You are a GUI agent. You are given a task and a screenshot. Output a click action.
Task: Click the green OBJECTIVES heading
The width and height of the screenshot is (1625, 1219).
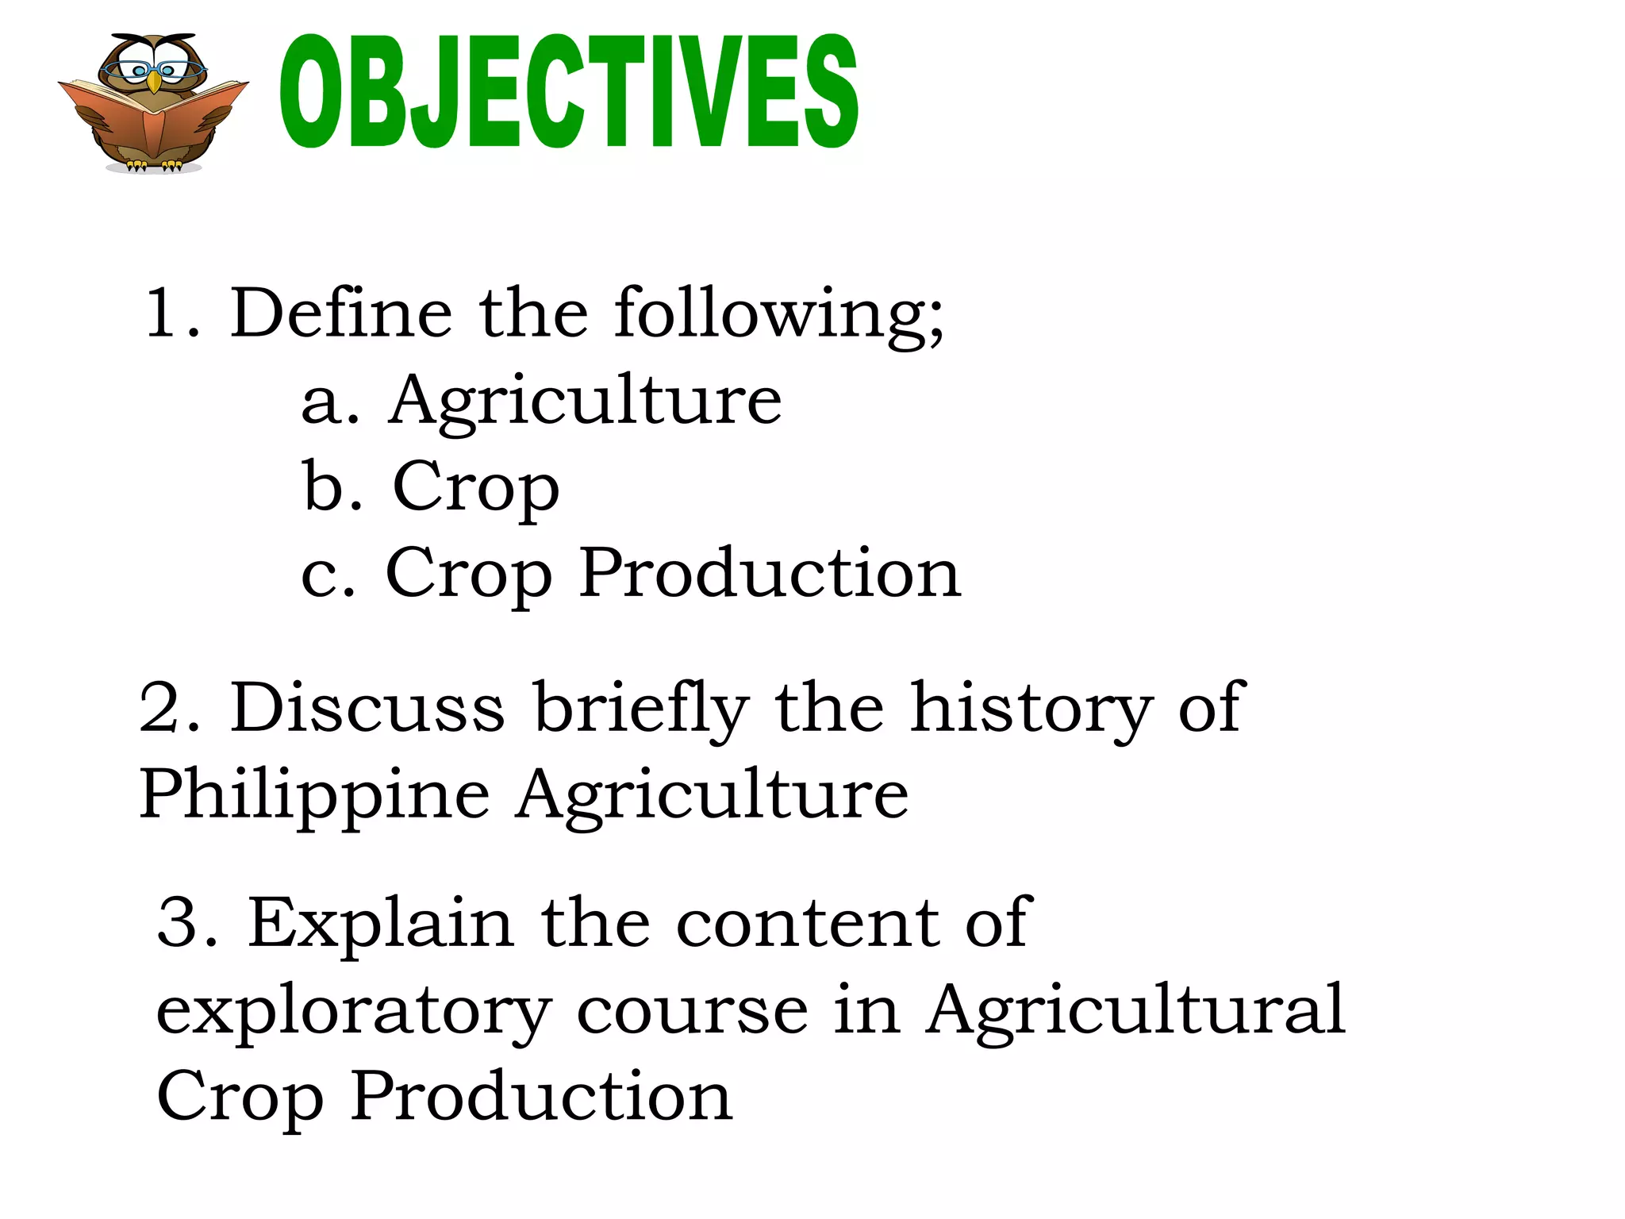(x=568, y=91)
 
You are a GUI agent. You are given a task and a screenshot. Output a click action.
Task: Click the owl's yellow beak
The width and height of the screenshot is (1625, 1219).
(x=154, y=83)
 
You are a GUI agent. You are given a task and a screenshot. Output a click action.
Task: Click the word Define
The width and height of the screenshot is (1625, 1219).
(x=341, y=313)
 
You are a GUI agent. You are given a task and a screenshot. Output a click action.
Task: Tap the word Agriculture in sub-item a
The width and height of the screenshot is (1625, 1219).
(x=585, y=401)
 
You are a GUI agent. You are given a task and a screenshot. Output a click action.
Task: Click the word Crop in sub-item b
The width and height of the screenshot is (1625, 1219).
(x=476, y=487)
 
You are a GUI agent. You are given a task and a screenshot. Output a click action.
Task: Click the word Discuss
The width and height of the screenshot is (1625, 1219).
(x=367, y=707)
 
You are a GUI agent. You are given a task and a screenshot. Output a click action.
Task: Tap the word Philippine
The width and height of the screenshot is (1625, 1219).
(x=314, y=795)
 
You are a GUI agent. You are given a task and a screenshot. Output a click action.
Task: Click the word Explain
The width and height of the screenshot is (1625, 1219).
(x=381, y=923)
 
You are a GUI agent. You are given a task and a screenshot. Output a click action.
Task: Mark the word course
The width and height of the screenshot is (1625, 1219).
(x=692, y=1010)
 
